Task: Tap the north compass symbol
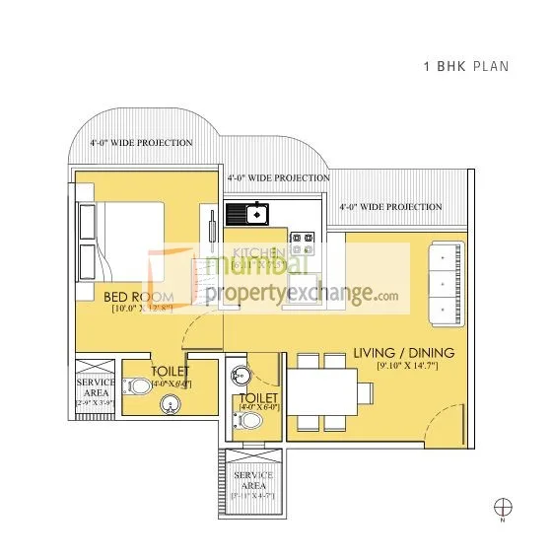504,508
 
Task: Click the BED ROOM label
138,296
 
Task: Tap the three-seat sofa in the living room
445,281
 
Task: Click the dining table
321,391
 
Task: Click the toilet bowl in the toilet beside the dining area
250,420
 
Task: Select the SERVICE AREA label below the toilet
253,481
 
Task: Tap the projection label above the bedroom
141,143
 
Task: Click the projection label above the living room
390,207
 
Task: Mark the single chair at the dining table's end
364,391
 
